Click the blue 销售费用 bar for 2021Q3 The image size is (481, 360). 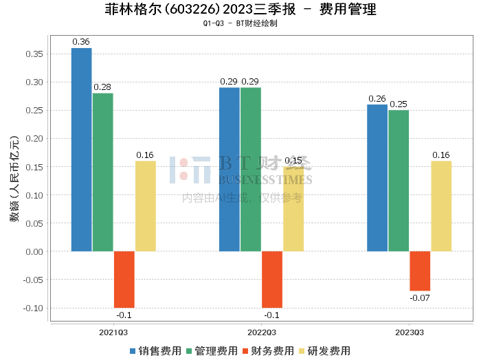[x=81, y=150]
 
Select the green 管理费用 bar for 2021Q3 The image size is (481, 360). [x=102, y=172]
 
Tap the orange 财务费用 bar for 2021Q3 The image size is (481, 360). [x=124, y=280]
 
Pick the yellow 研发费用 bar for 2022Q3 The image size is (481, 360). [x=293, y=209]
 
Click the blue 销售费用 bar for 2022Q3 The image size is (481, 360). [x=229, y=169]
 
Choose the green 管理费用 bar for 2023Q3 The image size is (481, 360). [x=399, y=181]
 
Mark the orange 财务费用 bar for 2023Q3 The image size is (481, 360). [x=420, y=271]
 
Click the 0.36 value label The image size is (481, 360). [x=81, y=42]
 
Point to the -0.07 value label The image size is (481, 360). [x=420, y=298]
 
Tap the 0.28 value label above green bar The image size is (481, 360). [x=102, y=87]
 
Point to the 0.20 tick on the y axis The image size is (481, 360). [x=34, y=138]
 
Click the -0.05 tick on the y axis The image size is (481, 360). [x=33, y=280]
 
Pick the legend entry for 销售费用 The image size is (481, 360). [x=155, y=350]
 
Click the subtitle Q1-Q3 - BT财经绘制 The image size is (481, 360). [x=240, y=23]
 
